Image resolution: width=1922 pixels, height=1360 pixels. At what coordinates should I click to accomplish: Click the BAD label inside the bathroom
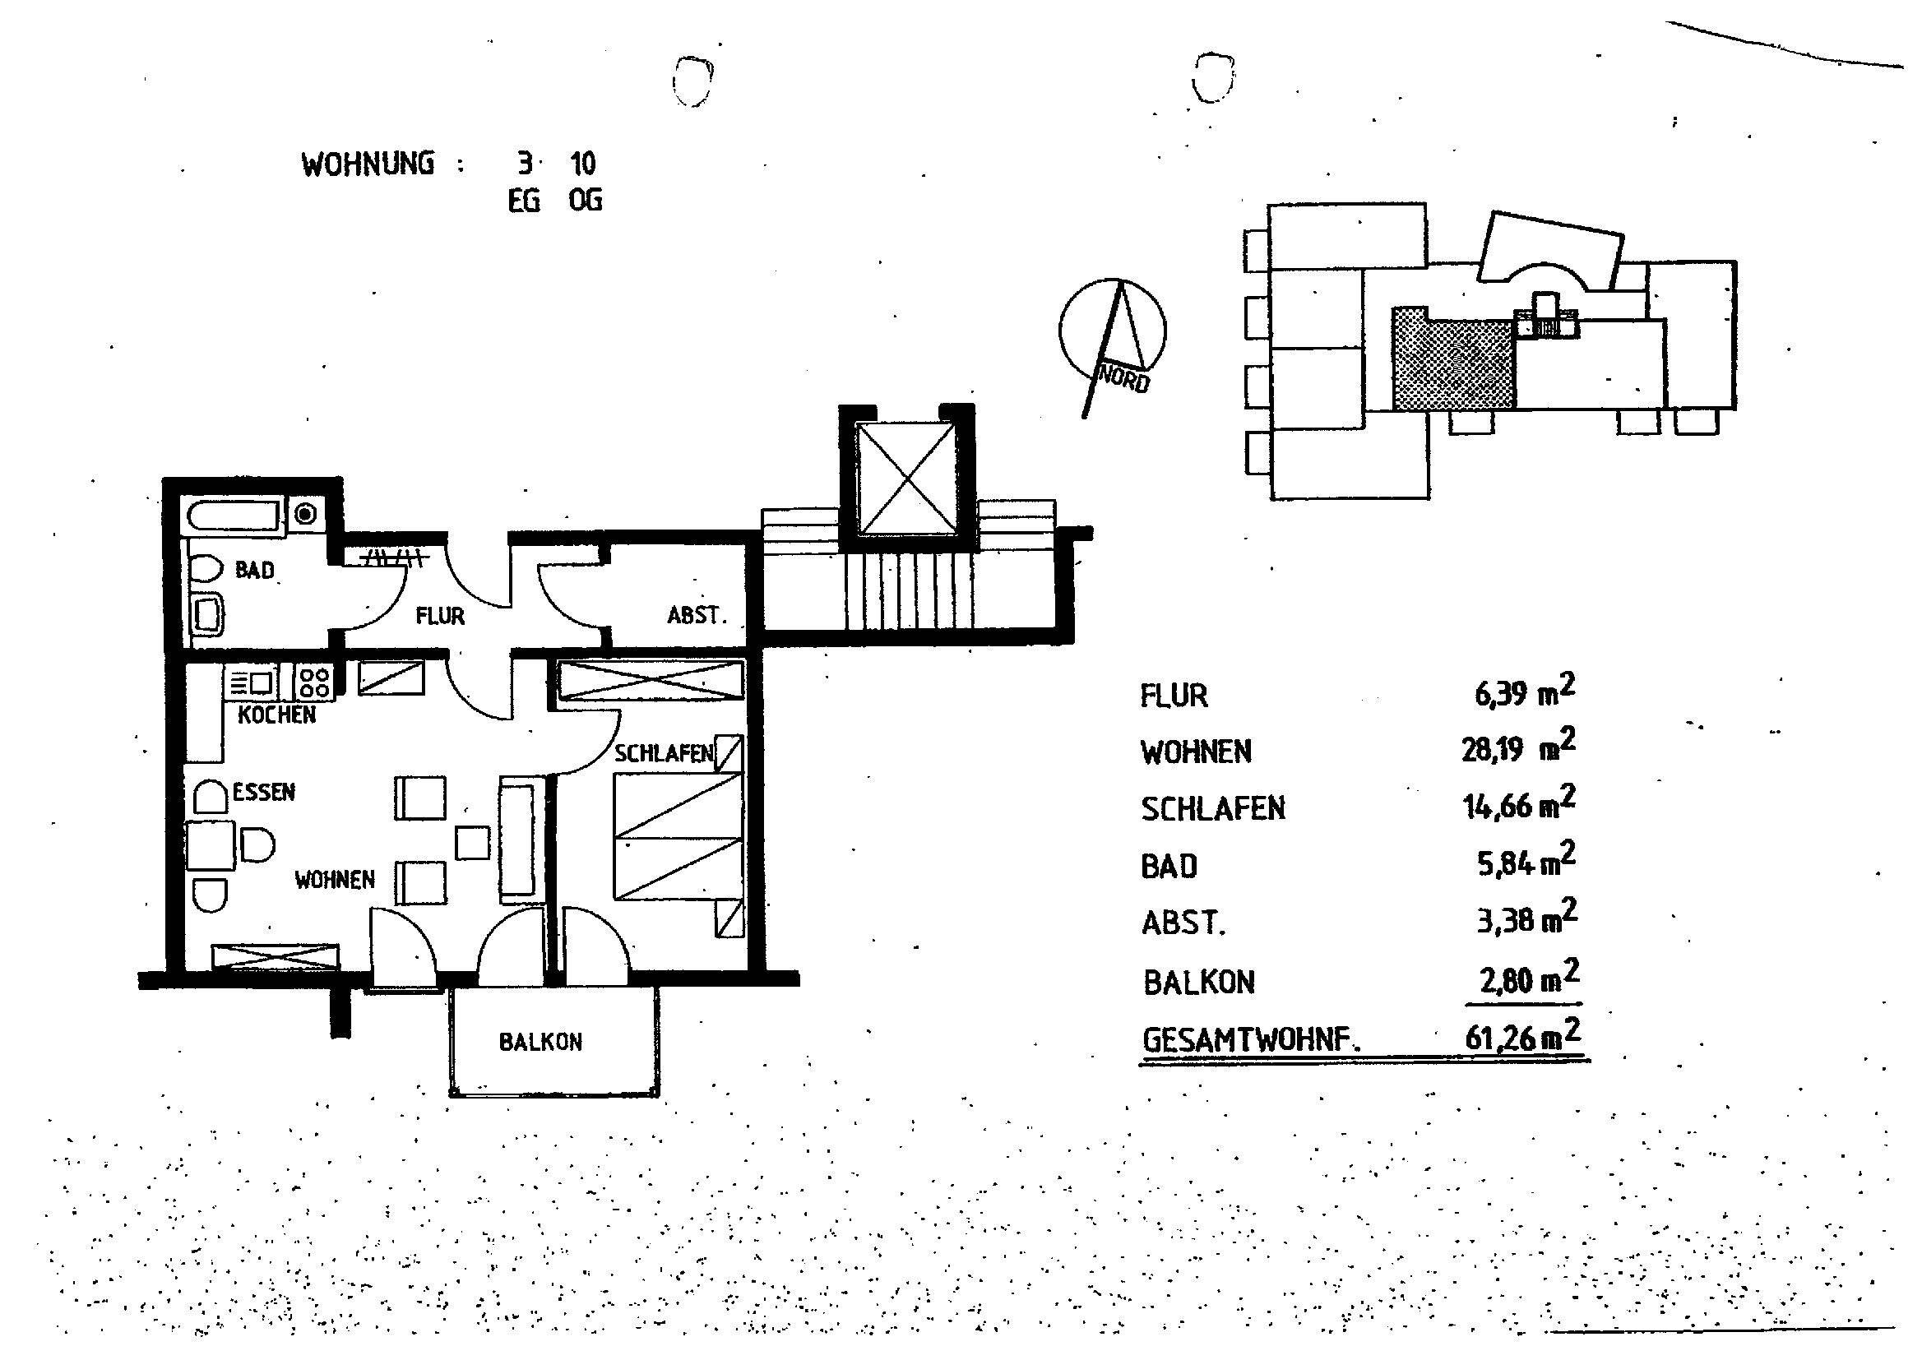[x=255, y=571]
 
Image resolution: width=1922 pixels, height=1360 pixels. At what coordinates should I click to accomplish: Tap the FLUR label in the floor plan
[x=440, y=617]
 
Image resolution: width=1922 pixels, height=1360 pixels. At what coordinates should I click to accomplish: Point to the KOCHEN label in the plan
[x=276, y=715]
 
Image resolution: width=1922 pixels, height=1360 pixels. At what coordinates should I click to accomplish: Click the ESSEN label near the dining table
[x=264, y=791]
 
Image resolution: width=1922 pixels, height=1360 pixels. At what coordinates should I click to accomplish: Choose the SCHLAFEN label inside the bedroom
[x=663, y=754]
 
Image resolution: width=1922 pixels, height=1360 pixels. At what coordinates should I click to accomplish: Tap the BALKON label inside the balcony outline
[x=540, y=1042]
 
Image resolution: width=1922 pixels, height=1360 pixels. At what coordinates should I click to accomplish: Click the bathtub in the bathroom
[x=234, y=515]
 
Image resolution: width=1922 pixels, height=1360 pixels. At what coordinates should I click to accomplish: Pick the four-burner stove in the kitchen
[x=314, y=682]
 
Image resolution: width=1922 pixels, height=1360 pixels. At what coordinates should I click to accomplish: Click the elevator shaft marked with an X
[x=907, y=478]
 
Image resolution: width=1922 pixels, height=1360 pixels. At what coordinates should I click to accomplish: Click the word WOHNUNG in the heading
[x=368, y=164]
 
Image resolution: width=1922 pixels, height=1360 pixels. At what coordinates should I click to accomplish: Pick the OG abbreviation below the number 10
[x=585, y=201]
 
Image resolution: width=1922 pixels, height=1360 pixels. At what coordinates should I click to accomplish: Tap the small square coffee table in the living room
[x=471, y=842]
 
